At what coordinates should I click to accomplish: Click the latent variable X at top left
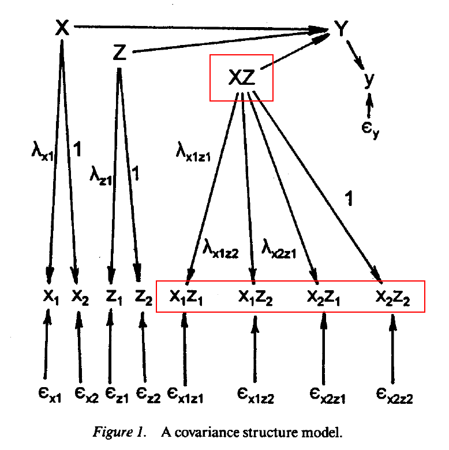(x=62, y=27)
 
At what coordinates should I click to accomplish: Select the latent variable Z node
(x=119, y=53)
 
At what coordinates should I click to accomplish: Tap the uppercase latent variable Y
(x=342, y=28)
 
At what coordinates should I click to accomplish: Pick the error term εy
(x=370, y=123)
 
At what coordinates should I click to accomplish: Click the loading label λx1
(x=42, y=152)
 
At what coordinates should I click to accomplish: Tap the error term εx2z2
(x=395, y=395)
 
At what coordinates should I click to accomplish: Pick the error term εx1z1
(x=185, y=395)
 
